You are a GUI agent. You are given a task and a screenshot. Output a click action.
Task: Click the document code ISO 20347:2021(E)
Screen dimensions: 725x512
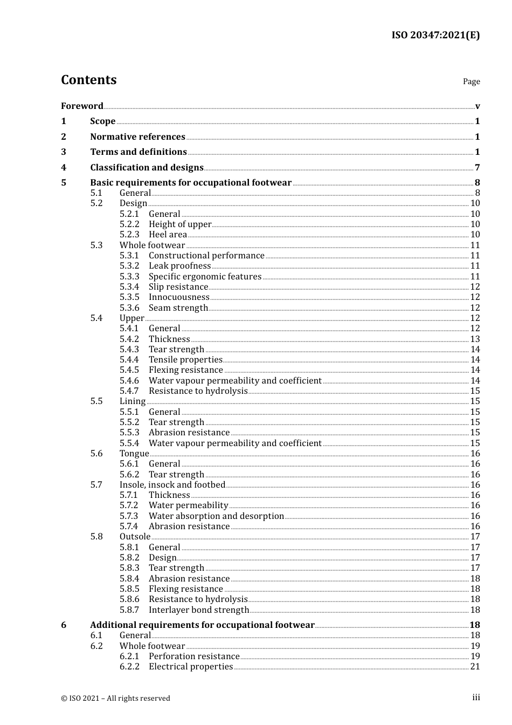[x=435, y=36]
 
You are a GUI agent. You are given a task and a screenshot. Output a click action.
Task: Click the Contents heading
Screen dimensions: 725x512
[x=88, y=80]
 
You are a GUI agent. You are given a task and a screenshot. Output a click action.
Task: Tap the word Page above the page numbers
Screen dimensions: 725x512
[x=471, y=81]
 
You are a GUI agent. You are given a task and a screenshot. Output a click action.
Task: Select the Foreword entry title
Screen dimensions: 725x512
[x=82, y=106]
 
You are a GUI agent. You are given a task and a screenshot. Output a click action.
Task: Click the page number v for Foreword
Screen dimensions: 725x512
[x=477, y=106]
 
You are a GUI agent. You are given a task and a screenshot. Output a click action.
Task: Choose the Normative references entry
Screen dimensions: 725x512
[x=137, y=136]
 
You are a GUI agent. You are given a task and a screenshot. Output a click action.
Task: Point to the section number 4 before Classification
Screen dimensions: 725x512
[x=64, y=167]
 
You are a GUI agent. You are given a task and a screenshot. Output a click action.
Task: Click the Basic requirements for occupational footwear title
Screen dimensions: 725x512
[x=191, y=182]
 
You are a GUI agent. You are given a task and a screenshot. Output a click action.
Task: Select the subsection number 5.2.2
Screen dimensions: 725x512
[x=129, y=224]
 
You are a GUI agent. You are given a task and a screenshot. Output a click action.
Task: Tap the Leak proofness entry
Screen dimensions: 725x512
[x=179, y=265]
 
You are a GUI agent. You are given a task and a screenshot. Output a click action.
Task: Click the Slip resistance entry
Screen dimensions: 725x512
[x=178, y=286]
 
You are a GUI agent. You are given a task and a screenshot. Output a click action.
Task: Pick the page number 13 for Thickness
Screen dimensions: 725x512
[x=475, y=339]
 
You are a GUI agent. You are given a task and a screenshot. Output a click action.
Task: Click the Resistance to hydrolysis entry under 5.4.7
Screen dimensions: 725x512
[x=198, y=391]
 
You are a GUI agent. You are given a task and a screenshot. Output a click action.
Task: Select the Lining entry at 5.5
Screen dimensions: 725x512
[x=133, y=401]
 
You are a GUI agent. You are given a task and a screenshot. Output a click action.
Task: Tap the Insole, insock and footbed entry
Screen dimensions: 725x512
[x=172, y=484]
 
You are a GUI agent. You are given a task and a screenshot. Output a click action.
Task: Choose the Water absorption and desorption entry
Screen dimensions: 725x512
[x=216, y=516]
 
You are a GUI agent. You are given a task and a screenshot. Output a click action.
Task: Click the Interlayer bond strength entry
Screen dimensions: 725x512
[x=199, y=610]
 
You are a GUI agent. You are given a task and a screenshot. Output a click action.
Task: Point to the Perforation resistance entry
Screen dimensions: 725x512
[x=194, y=656]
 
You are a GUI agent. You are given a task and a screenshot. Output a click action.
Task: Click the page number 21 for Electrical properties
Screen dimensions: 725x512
[x=475, y=666]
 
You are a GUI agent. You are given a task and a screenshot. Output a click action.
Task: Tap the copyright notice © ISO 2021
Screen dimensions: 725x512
[x=115, y=698]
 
